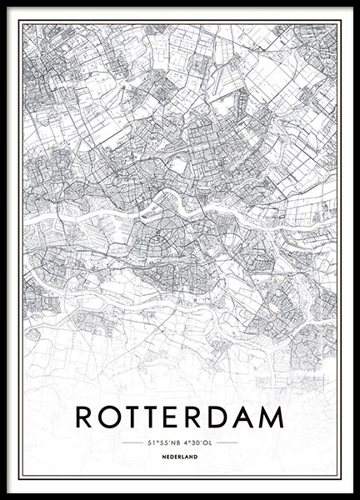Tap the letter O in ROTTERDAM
pos(111,416)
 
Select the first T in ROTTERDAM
pos(134,416)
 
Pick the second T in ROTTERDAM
pos(155,416)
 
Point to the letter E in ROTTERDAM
pos(176,416)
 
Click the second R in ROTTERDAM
pos(197,416)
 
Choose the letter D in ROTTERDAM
pos(221,416)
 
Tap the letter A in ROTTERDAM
pos(245,416)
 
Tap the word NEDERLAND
pos(180,457)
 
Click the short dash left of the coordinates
pos(132,442)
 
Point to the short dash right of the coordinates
pos(227,442)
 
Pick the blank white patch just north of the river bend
pos(177,166)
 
